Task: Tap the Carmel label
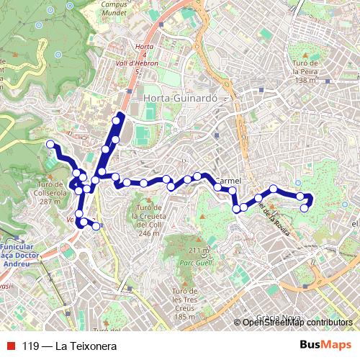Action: click(228, 181)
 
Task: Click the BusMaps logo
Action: click(325, 345)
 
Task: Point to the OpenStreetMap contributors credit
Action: click(297, 322)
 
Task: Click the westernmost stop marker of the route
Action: click(50, 145)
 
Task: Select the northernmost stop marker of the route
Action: click(116, 120)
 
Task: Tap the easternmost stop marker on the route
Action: click(310, 199)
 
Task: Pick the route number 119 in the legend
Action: click(31, 346)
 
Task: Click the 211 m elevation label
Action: click(198, 250)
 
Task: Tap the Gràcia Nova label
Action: click(280, 318)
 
